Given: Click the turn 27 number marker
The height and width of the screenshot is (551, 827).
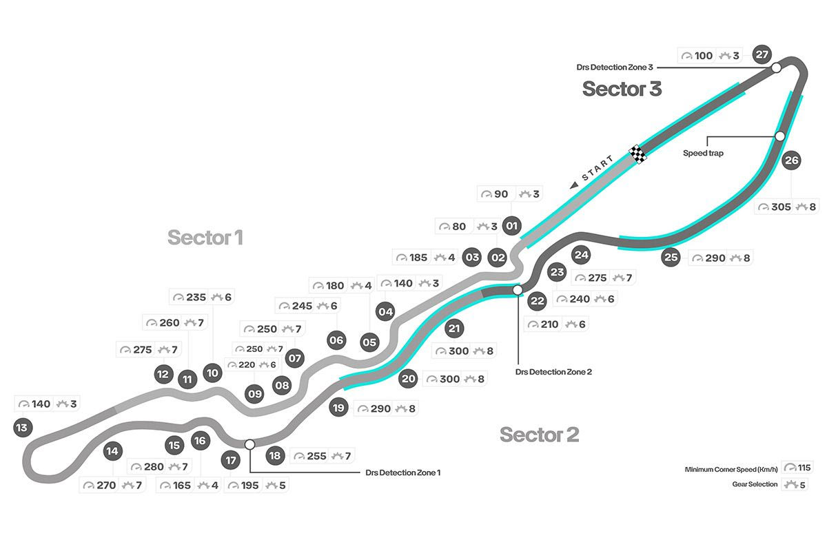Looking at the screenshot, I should point(762,54).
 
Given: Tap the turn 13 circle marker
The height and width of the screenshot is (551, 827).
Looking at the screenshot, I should point(23,428).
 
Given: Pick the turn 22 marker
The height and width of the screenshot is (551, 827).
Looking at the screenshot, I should point(538,301).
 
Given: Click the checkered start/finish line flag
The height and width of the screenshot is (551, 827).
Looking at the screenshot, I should point(637,154).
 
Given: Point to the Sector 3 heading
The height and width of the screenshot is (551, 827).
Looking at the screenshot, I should point(622,88).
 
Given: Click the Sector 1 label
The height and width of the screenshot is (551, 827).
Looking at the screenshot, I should point(205,238).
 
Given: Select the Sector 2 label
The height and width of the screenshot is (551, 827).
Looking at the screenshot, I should point(539,435).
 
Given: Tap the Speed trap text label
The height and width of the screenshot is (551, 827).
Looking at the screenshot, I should point(703,153).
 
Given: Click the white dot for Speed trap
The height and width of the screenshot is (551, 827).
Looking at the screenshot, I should point(780,136).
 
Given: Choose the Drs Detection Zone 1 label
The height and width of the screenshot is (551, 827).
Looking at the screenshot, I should point(403,472).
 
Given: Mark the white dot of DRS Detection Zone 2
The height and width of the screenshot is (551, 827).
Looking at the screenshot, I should point(518,291).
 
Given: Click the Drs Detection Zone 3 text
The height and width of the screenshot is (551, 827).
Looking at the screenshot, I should point(615,67).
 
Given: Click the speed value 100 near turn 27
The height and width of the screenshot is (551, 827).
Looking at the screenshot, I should point(703,55).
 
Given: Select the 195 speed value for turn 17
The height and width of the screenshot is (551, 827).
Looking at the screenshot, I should point(249,486).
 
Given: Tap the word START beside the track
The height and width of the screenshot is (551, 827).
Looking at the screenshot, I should point(597,169).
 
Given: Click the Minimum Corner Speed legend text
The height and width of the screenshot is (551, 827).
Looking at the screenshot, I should point(731,469).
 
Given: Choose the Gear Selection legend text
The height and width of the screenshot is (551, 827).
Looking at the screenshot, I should point(755,484).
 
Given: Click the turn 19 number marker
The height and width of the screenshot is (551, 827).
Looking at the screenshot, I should point(338,407).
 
